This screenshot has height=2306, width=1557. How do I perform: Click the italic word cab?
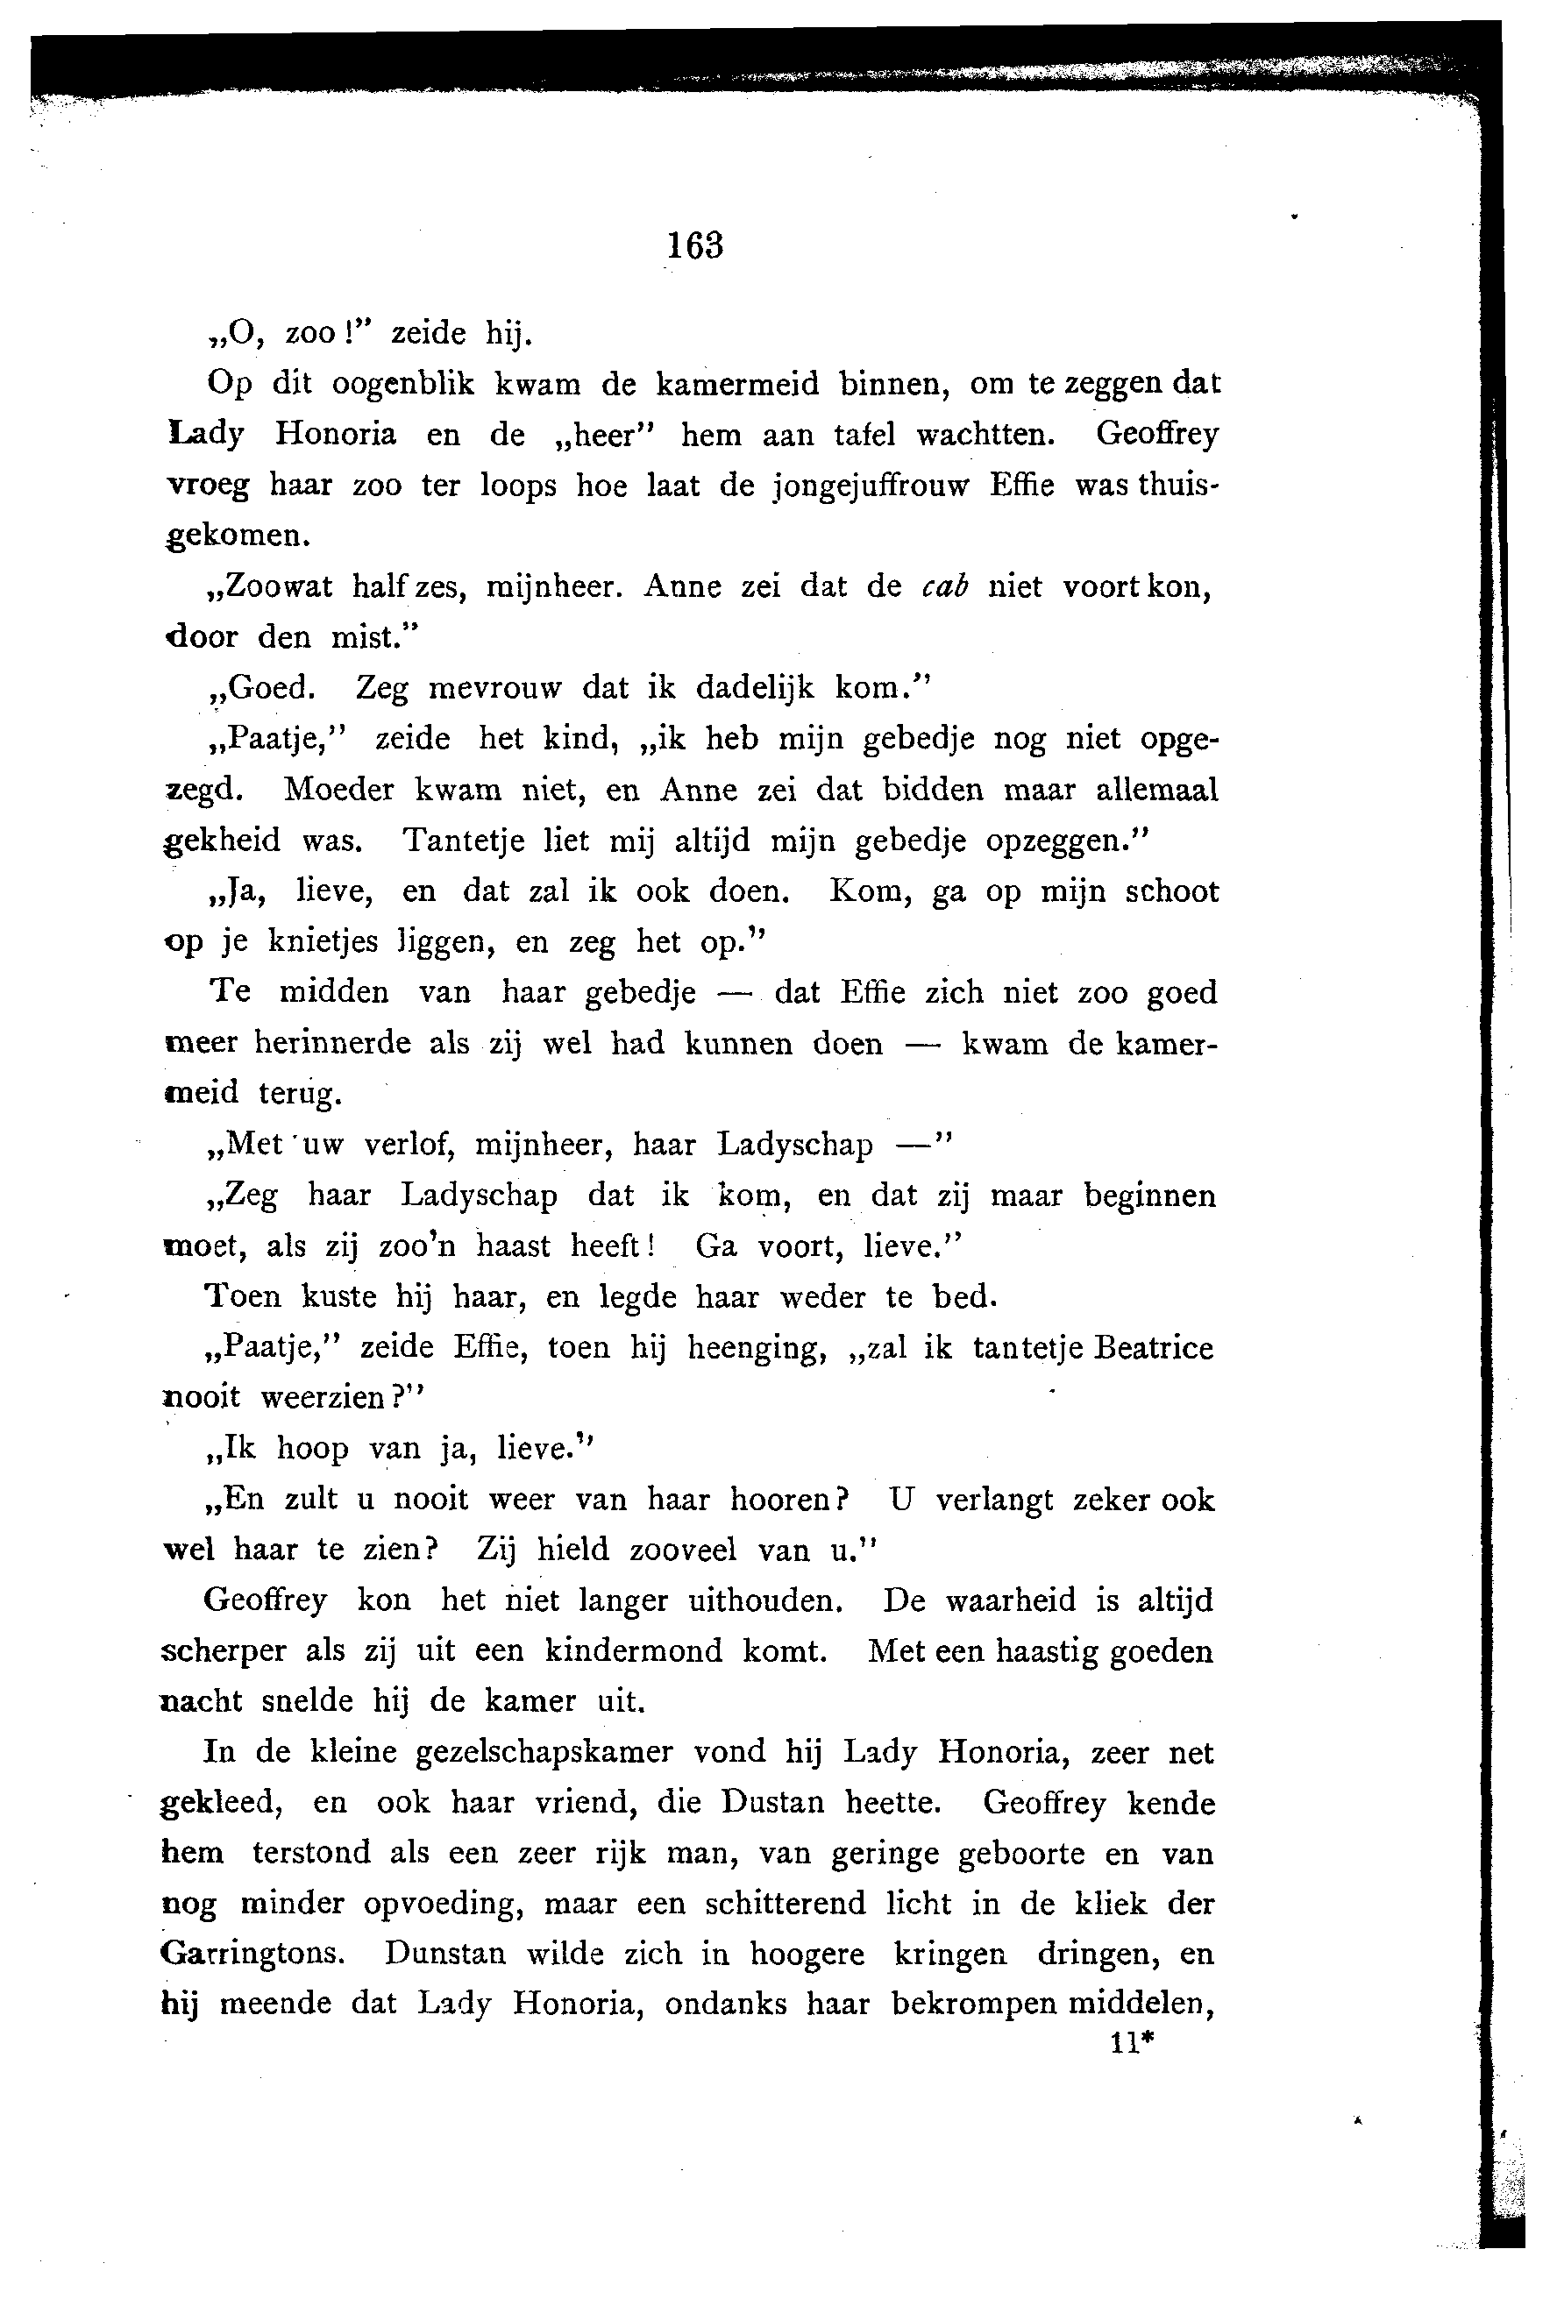point(943,586)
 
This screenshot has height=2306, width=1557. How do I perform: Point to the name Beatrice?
point(1152,1347)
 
